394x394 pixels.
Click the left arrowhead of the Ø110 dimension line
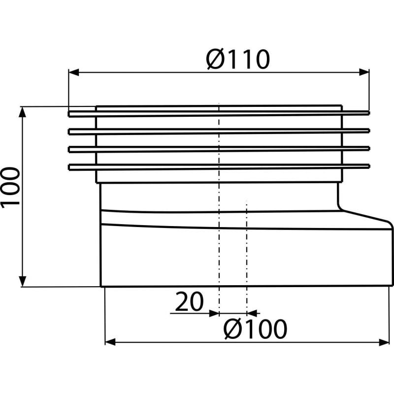coord(73,73)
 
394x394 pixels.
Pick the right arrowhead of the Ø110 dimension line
coord(365,73)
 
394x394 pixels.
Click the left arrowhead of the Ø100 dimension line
coord(111,340)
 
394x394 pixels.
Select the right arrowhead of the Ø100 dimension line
coord(384,340)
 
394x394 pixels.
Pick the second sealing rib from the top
coord(219,131)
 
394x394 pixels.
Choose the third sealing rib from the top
coord(219,148)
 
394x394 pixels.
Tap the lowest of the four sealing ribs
coord(219,165)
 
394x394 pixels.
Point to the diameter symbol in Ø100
coord(231,329)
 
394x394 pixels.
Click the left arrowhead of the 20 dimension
coord(213,312)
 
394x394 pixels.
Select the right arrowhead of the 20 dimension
coord(251,312)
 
